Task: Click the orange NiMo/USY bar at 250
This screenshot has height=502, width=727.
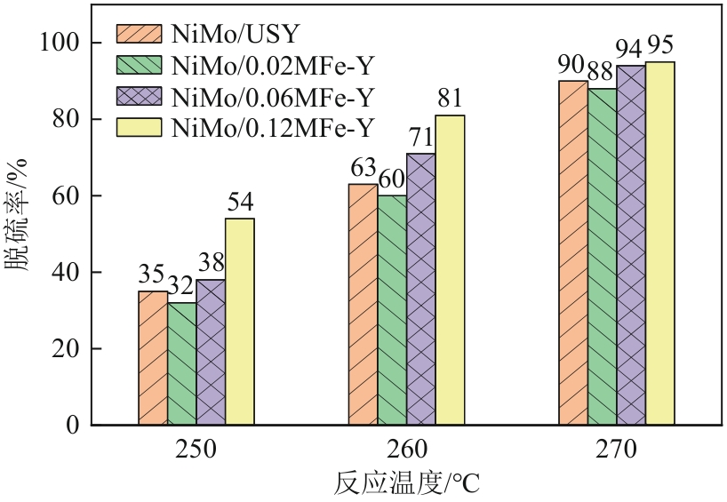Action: point(153,358)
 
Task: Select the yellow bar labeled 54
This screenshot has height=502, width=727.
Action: point(240,322)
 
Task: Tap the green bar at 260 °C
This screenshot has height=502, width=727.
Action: point(392,310)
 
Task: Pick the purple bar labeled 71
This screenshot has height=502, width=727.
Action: point(421,289)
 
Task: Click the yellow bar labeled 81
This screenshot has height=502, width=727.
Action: point(450,270)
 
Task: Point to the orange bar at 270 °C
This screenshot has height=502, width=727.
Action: point(573,252)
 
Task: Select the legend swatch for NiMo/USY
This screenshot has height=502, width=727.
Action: point(138,35)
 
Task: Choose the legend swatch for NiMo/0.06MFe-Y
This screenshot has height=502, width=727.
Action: point(138,96)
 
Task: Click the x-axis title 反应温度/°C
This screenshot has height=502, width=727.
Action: point(408,484)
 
